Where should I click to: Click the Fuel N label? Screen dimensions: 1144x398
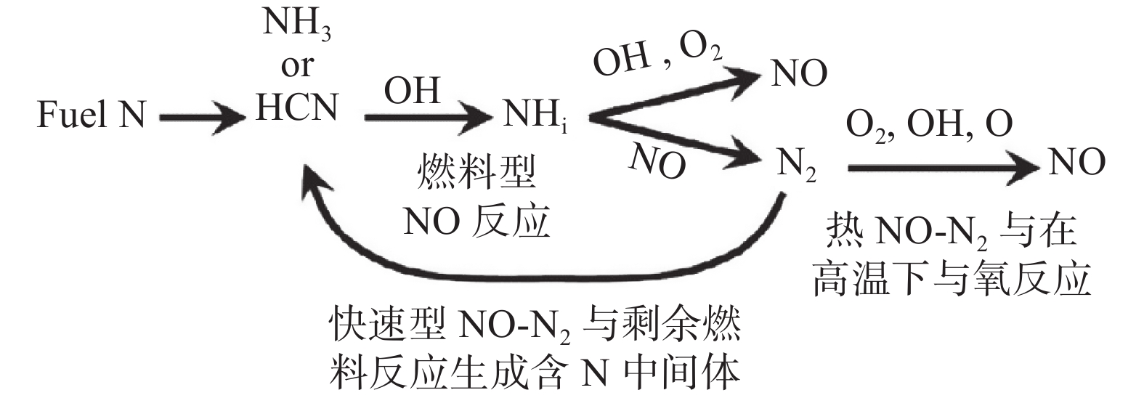[x=92, y=114]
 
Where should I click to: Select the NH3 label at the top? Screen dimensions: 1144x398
[x=296, y=23]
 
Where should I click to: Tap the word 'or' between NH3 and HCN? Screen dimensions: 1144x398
[x=297, y=66]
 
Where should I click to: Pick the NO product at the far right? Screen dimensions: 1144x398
[x=1077, y=161]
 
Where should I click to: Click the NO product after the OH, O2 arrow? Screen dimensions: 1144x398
[x=799, y=73]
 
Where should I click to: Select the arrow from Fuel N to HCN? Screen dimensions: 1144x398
[x=202, y=118]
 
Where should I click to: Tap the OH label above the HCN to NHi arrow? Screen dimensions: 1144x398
[x=412, y=91]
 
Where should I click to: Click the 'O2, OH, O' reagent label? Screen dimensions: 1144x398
[x=930, y=125]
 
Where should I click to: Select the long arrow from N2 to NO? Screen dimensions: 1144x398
[x=943, y=168]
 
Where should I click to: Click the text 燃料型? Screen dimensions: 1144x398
[x=476, y=172]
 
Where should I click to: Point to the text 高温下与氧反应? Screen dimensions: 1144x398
[x=952, y=280]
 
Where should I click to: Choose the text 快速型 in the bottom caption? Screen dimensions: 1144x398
[x=386, y=324]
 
